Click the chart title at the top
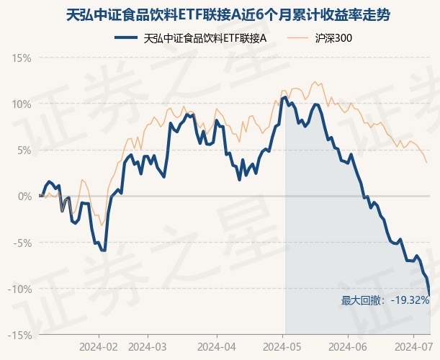point(220,14)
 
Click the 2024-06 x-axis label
point(348,346)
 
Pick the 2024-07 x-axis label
point(411,346)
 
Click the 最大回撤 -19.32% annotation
point(385,300)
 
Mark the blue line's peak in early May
point(285,96)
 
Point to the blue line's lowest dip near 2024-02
point(104,250)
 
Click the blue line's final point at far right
point(430,294)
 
